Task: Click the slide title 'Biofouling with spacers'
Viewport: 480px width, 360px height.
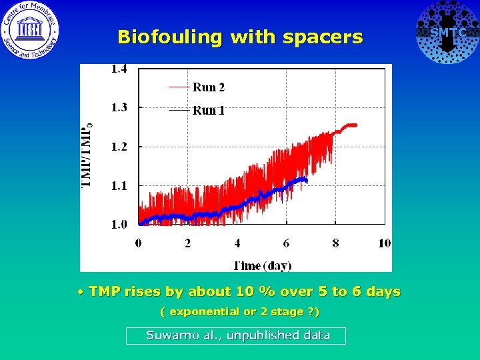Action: coord(240,37)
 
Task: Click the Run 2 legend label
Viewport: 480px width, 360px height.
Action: coord(209,87)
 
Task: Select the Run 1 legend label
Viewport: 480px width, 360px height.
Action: coord(209,111)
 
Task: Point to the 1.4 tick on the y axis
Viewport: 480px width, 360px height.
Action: coord(119,68)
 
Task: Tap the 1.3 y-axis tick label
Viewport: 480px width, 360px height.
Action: coord(119,107)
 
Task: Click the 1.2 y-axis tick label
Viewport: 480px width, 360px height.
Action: coord(119,147)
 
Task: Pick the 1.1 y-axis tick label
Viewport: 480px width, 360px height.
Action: coord(119,186)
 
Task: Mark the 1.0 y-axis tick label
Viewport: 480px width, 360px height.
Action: coord(119,225)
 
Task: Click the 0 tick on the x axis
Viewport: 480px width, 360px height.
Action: coord(139,243)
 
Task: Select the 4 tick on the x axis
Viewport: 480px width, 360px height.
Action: coord(237,243)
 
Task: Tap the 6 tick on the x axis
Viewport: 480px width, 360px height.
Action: coord(287,243)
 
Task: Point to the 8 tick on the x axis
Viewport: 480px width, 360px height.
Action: coord(335,243)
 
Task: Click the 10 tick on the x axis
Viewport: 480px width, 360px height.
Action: coord(384,243)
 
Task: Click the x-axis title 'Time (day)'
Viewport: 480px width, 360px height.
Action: coord(262,265)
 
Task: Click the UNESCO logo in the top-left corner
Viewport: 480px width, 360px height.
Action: coord(30,30)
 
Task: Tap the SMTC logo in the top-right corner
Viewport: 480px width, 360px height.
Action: coord(447,32)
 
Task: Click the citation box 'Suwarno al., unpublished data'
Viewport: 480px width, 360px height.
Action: coord(236,336)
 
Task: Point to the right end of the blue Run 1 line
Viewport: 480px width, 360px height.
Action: coord(306,179)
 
